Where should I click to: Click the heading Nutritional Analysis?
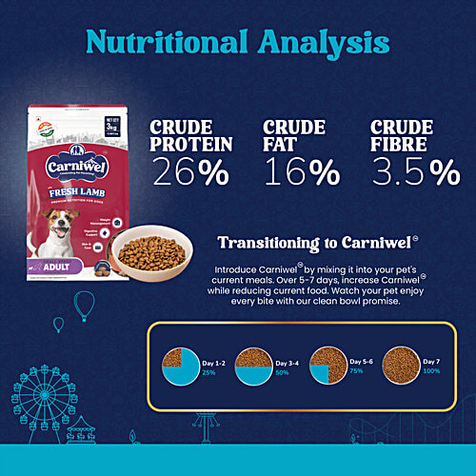[x=238, y=43]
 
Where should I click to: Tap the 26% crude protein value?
[x=191, y=170]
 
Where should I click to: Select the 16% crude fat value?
[x=301, y=171]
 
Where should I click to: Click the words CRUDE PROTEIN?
[x=191, y=135]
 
